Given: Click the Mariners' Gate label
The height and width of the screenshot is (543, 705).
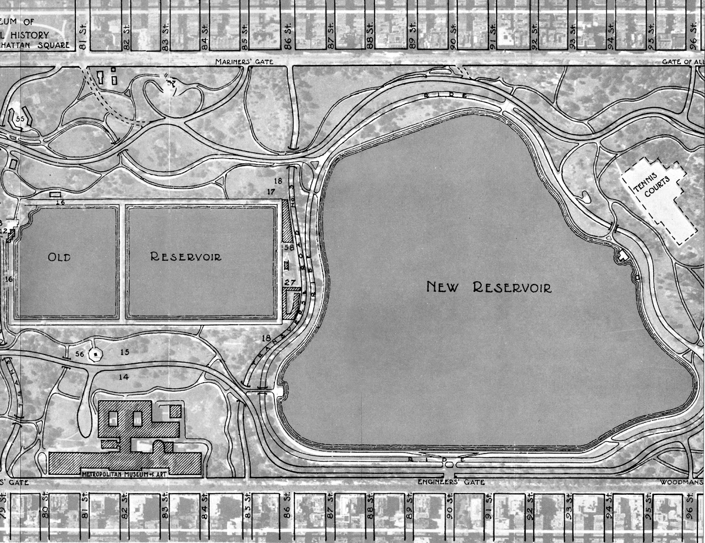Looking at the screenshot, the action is tap(244, 62).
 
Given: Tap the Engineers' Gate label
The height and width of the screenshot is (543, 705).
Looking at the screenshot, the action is tap(451, 482).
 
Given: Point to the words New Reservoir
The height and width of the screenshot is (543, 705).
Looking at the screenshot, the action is tap(489, 288).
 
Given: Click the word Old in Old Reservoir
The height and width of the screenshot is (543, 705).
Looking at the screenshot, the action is tap(59, 257).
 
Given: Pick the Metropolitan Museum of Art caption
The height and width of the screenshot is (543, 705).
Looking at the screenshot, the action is tap(126, 474).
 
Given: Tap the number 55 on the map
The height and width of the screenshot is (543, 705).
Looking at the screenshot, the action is tap(20, 119).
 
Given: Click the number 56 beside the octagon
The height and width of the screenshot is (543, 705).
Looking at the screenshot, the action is tap(79, 353).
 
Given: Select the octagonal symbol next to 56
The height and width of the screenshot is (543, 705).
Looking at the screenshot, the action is tap(95, 353).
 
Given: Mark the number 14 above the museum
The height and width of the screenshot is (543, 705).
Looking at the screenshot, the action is tap(124, 377).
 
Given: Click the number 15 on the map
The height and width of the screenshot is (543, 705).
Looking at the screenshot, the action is tap(124, 352).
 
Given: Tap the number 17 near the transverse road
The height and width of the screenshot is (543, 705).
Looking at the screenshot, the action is tap(271, 192).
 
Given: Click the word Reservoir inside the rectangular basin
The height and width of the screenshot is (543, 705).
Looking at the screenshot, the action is tap(186, 256).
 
